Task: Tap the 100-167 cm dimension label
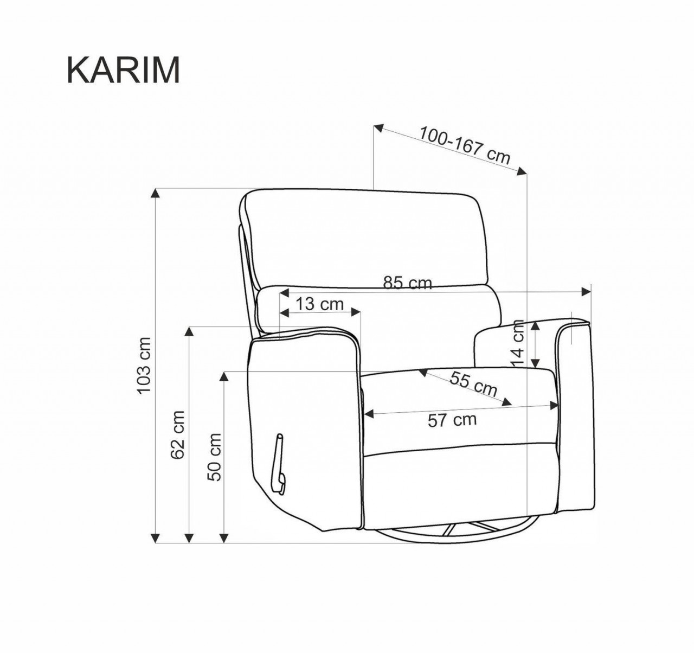pyautogui.click(x=465, y=145)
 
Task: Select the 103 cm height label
pyautogui.click(x=144, y=366)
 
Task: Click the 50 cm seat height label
pyautogui.click(x=214, y=458)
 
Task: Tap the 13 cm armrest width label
pyautogui.click(x=320, y=304)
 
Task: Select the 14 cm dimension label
pyautogui.click(x=518, y=344)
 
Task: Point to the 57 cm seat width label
pyautogui.click(x=452, y=420)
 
